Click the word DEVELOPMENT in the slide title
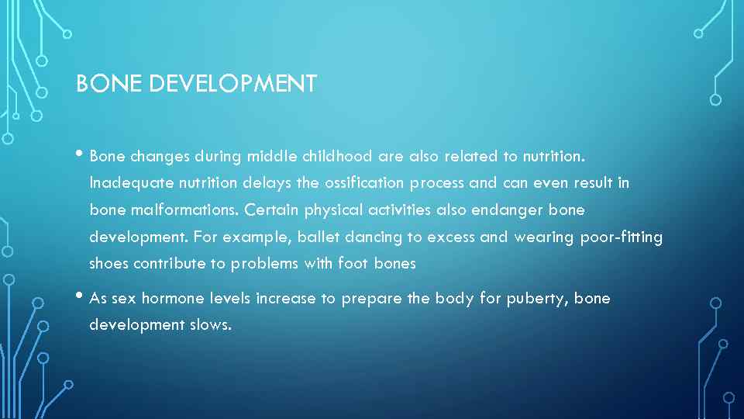tap(232, 84)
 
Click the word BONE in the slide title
tap(108, 84)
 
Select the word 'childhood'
tap(338, 157)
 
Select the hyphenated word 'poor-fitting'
tap(622, 237)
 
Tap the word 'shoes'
tap(109, 264)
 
